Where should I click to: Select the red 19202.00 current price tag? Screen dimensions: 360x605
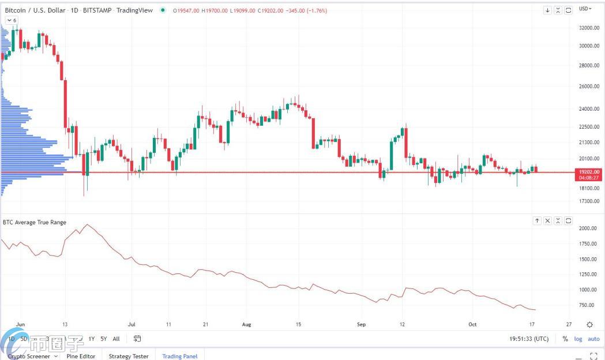click(x=589, y=172)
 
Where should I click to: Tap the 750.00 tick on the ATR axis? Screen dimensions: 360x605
click(x=587, y=305)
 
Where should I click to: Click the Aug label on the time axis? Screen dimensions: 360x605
click(x=247, y=324)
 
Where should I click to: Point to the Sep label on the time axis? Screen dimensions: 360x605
click(x=362, y=324)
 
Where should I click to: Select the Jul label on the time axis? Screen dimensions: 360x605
click(x=131, y=324)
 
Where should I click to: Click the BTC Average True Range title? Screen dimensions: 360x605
click(x=35, y=222)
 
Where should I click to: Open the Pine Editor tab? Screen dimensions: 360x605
click(x=81, y=356)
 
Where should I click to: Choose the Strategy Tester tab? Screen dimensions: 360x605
click(x=129, y=356)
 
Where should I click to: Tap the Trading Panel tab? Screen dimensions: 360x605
click(x=179, y=356)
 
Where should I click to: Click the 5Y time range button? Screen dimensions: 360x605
click(x=104, y=339)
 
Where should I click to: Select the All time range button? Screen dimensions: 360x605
click(x=117, y=339)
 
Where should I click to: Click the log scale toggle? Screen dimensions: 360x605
click(x=578, y=339)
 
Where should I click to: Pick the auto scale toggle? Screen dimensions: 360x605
click(x=593, y=339)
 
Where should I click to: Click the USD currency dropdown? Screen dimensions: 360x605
click(x=585, y=9)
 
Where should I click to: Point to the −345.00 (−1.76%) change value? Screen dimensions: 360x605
click(x=307, y=10)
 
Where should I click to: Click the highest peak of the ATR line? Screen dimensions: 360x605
click(x=87, y=224)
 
